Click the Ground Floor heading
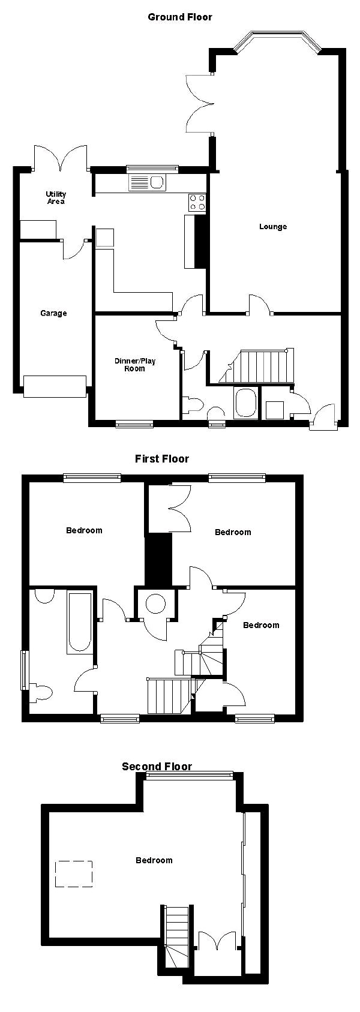click(180, 17)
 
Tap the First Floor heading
click(162, 459)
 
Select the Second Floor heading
click(157, 767)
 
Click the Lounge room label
click(273, 226)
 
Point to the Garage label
click(53, 313)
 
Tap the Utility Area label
click(56, 198)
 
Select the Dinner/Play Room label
click(135, 365)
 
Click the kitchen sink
click(147, 183)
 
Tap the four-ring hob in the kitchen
click(197, 202)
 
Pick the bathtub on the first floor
click(79, 622)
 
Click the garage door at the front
click(55, 386)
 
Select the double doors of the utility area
click(60, 158)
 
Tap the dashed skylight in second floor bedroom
click(74, 874)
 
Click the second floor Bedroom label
click(154, 860)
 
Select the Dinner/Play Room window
click(134, 424)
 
